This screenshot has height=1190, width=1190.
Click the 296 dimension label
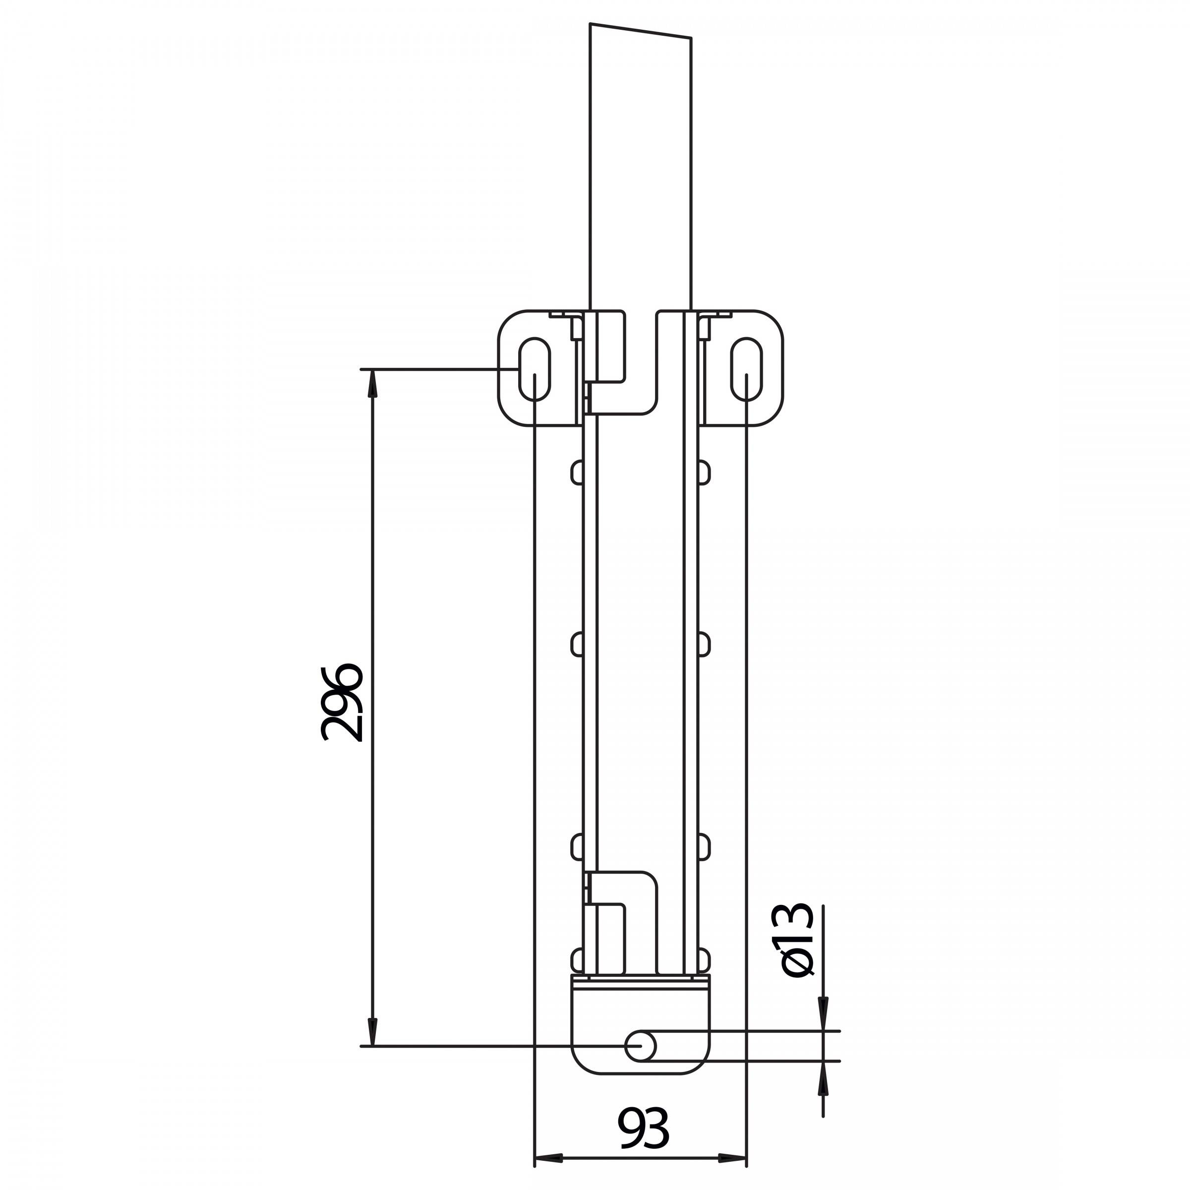tap(341, 703)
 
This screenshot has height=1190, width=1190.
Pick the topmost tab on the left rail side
tap(577, 472)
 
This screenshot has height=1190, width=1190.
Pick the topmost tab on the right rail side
tap(704, 472)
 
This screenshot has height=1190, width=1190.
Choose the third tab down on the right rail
tap(704, 847)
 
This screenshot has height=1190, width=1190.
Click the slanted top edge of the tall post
tap(641, 31)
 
